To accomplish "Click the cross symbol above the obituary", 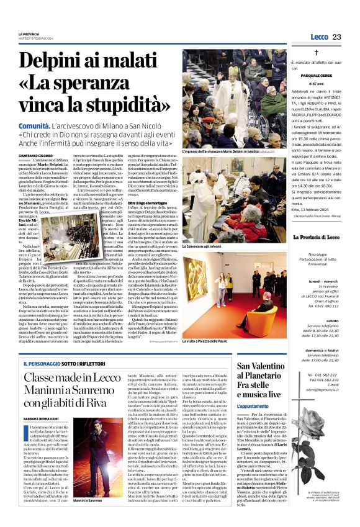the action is coord(316,55).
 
